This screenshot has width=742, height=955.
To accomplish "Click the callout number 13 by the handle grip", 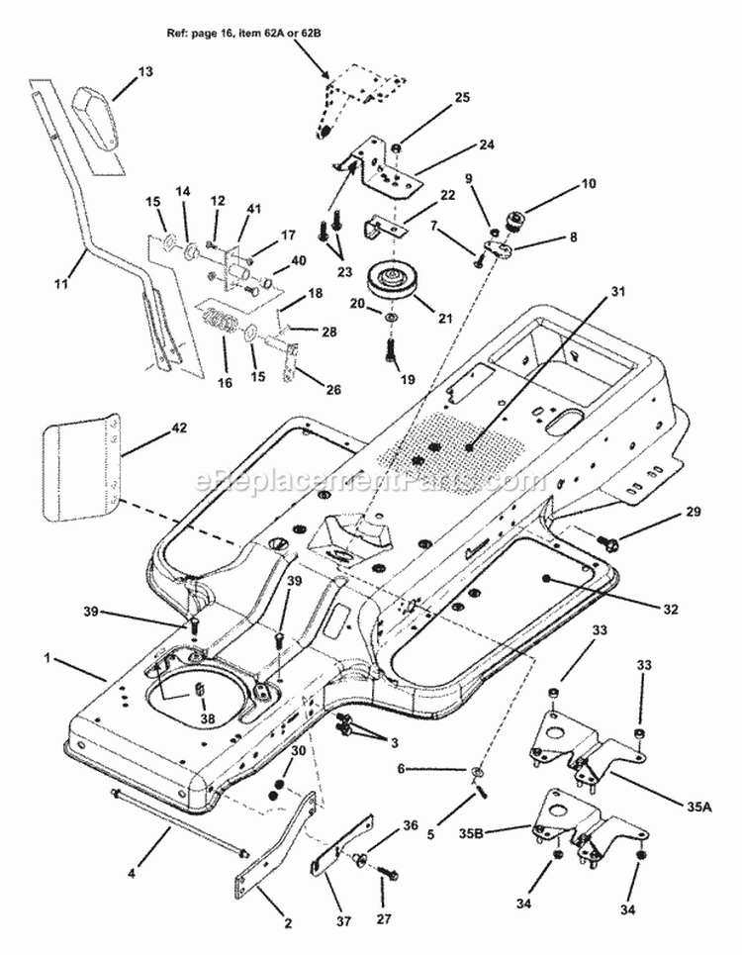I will point(145,72).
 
